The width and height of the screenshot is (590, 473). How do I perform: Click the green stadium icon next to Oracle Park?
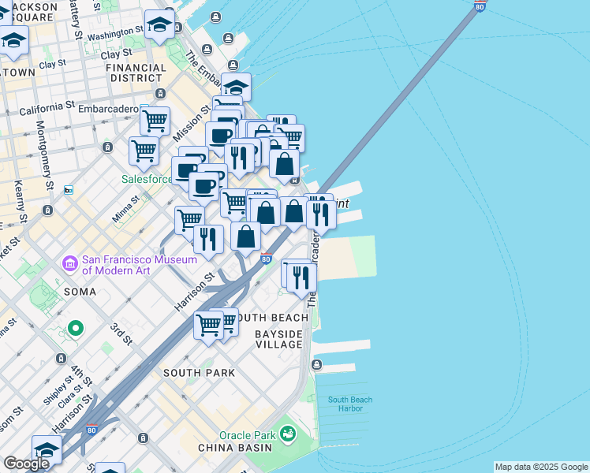[287, 434]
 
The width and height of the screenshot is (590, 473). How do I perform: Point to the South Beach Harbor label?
[350, 404]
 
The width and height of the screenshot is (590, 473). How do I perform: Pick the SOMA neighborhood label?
[81, 292]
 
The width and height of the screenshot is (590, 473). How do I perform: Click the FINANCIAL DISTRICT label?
[136, 73]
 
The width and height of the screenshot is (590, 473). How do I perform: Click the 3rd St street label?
[121, 333]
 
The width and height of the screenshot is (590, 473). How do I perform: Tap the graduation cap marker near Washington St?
[160, 26]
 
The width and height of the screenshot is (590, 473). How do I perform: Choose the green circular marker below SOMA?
[76, 327]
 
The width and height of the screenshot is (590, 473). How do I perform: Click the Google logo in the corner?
[26, 464]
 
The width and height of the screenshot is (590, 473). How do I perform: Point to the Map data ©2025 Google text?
[541, 467]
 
